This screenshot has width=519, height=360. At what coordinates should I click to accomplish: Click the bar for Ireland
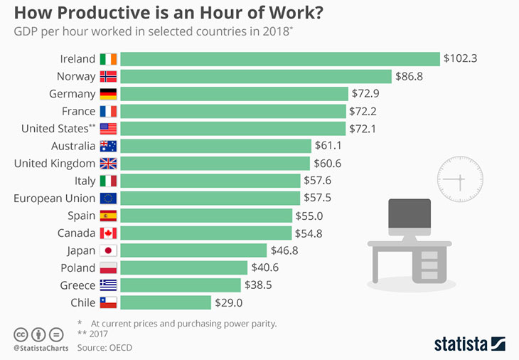[x=281, y=59]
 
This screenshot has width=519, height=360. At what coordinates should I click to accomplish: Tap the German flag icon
[x=108, y=94]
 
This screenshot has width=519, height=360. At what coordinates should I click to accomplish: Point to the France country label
[x=79, y=111]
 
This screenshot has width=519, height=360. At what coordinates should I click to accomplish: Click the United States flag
[x=108, y=129]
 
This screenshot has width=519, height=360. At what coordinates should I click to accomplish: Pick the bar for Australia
[x=217, y=146]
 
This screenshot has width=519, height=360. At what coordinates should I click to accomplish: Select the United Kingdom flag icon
[x=108, y=164]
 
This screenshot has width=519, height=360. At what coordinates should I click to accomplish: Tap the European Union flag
[x=108, y=198]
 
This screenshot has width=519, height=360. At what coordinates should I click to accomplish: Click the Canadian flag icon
[x=108, y=233]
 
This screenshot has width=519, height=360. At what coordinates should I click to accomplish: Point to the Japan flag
[x=108, y=250]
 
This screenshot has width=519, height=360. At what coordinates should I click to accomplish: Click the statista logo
[x=470, y=344]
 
